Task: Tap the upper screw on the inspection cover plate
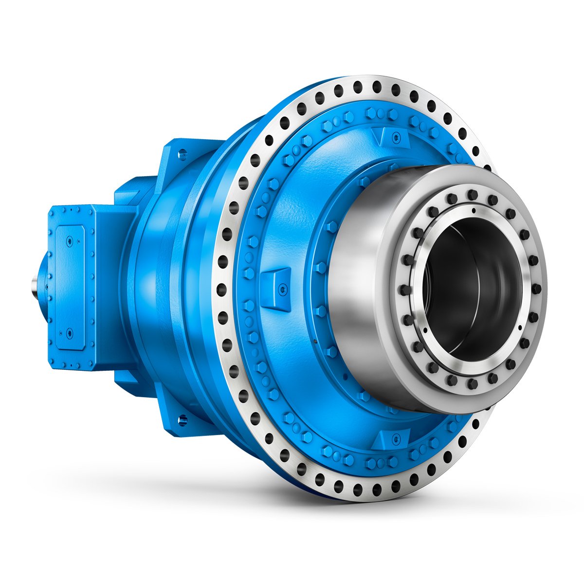point(70,241)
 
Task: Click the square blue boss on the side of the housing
point(275,288)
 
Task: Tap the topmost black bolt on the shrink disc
point(471,195)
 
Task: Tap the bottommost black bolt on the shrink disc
point(471,384)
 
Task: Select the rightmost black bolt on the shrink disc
point(537,289)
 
